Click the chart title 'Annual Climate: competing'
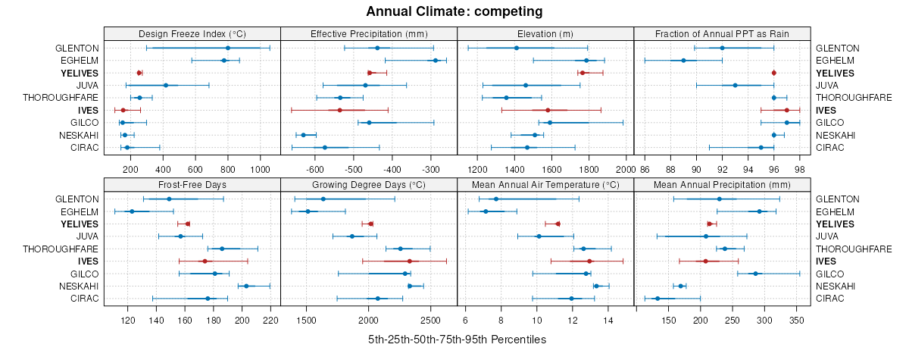point(454,11)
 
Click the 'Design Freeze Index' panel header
point(192,34)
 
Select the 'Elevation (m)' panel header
point(545,34)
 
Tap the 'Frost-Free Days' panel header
point(192,184)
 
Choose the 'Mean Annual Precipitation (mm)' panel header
point(723,184)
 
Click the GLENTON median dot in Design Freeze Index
point(227,48)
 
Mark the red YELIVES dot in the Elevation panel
point(583,73)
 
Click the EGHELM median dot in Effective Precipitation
point(436,60)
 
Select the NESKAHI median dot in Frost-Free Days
point(246,286)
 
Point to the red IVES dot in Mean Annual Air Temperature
point(589,261)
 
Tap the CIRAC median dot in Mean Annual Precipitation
point(658,299)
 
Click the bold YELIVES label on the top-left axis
point(80,73)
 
